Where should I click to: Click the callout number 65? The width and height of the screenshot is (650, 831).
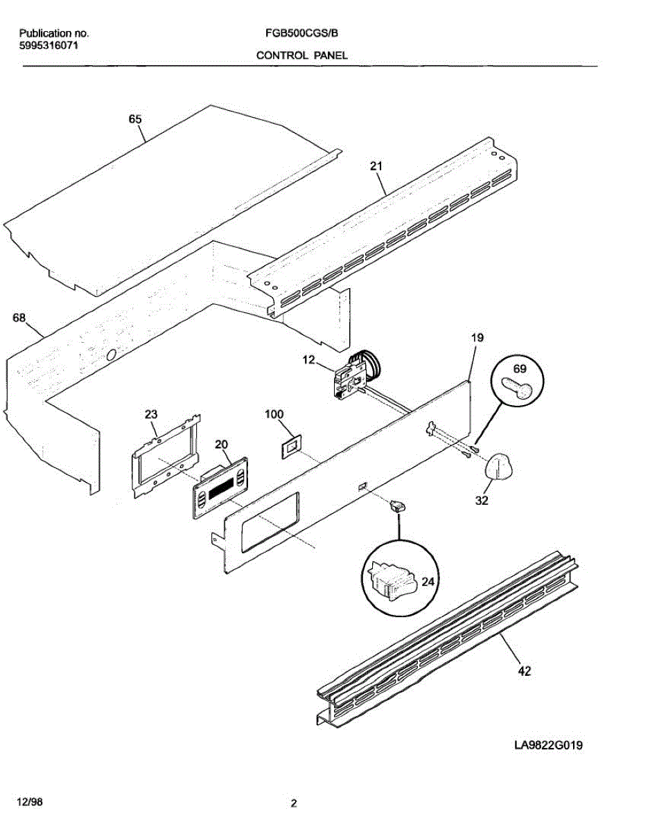(135, 119)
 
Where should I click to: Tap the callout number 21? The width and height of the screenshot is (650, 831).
(376, 166)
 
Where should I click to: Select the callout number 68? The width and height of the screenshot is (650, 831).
(19, 319)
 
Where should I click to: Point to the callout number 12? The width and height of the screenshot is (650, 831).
(308, 360)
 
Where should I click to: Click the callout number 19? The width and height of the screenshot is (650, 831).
(477, 338)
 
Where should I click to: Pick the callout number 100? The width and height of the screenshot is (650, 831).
(274, 414)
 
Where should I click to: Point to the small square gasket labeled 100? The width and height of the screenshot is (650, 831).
(289, 445)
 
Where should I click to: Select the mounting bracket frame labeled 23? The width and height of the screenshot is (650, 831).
(166, 457)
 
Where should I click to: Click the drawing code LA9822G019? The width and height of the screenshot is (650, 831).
(547, 746)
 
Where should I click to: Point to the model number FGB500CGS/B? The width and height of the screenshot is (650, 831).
(301, 33)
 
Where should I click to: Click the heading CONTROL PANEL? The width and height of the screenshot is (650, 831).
(302, 55)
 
